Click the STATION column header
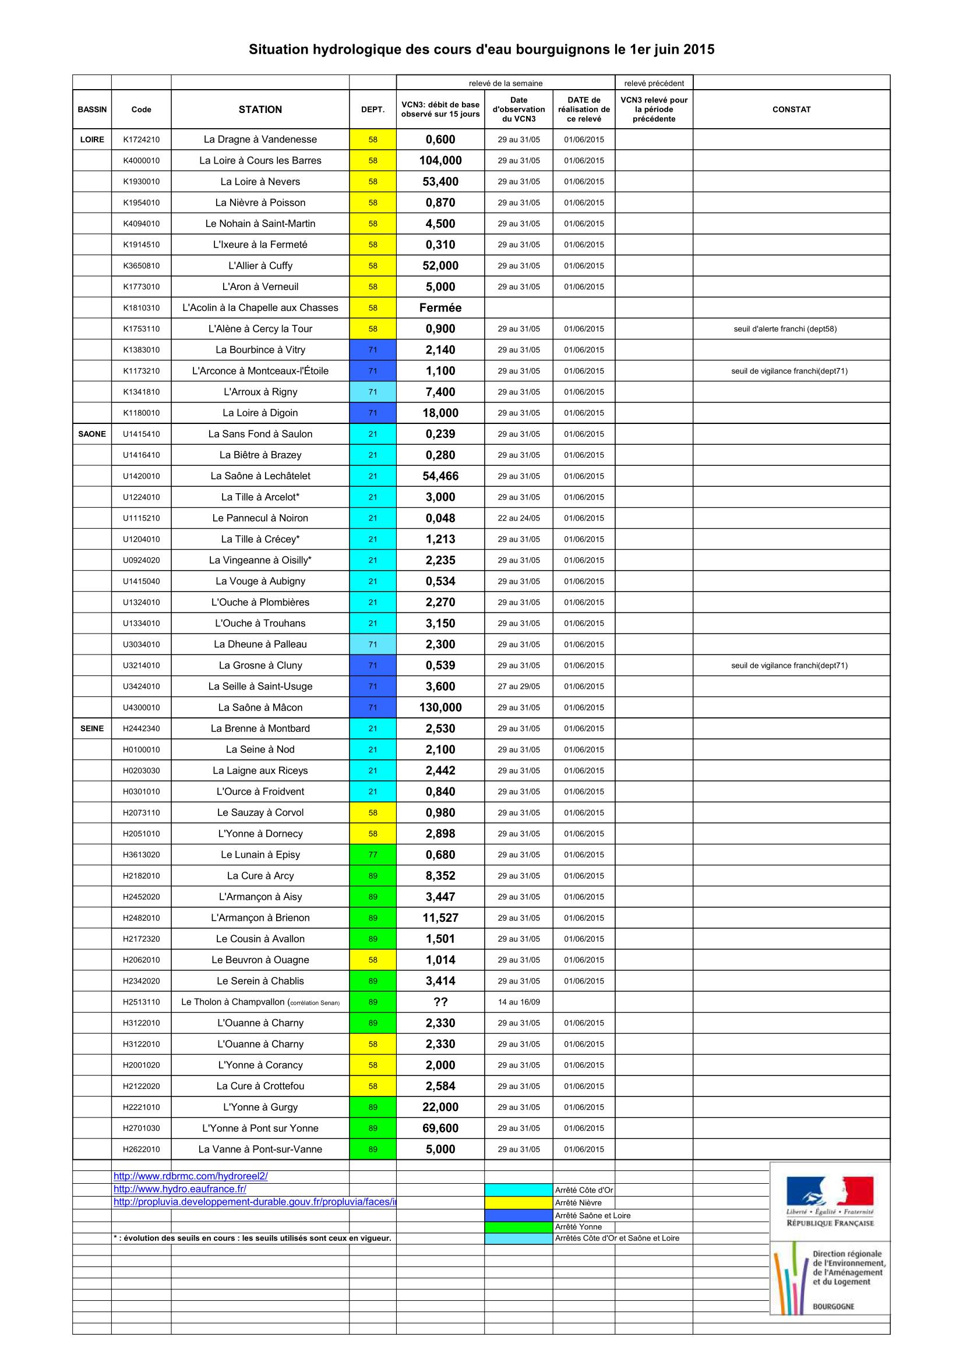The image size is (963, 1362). click(x=260, y=109)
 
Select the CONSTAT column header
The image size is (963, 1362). click(x=791, y=109)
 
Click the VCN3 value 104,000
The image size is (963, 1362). click(x=440, y=160)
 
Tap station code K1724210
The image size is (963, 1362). click(x=141, y=139)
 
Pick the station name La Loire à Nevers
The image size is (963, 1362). click(x=260, y=182)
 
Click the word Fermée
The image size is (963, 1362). click(x=440, y=307)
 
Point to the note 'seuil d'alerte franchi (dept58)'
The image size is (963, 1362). click(x=785, y=328)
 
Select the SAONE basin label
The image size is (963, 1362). click(x=92, y=434)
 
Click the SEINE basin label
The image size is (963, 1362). click(x=92, y=728)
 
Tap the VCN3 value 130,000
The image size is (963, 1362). click(x=440, y=707)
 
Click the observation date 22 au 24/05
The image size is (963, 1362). click(x=518, y=518)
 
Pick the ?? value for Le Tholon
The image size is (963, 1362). click(x=440, y=1002)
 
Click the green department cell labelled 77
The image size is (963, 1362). click(x=373, y=855)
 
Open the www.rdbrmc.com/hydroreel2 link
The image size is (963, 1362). click(x=191, y=1176)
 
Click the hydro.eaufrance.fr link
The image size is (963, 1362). click(x=180, y=1189)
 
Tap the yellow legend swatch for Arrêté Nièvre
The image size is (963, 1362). click(x=518, y=1202)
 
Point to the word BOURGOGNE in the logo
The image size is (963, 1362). click(x=833, y=1306)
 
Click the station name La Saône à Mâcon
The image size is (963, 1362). click(x=260, y=707)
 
